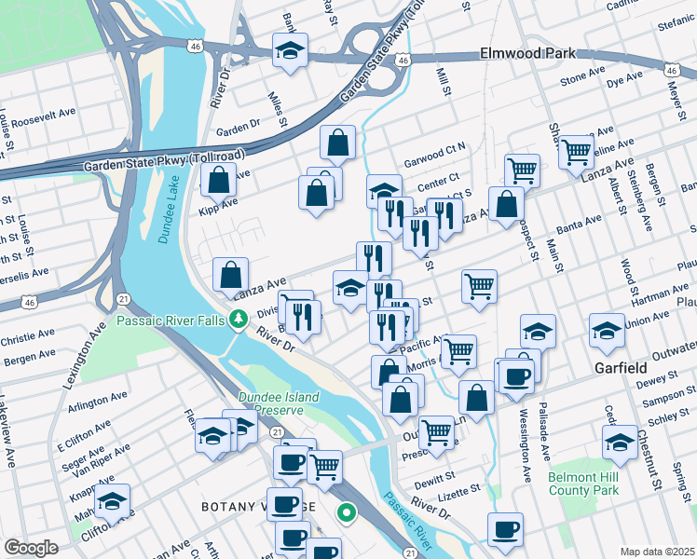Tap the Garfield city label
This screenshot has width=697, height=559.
tap(621, 368)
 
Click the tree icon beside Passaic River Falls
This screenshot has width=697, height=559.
tap(239, 321)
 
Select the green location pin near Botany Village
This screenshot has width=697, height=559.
tap(346, 511)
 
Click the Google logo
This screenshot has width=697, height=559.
tap(31, 547)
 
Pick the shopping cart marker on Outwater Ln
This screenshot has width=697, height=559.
tap(436, 432)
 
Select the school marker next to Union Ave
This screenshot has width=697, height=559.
tap(606, 329)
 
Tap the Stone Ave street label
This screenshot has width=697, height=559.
tap(582, 78)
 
